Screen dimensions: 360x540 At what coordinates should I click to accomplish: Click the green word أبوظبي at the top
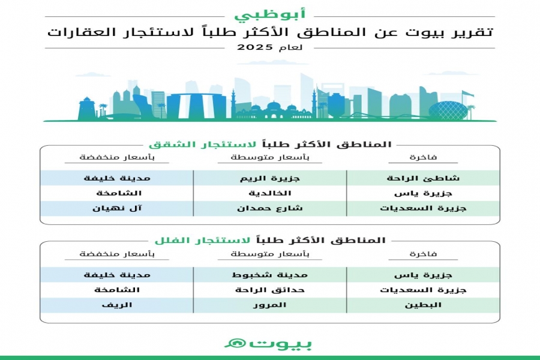tap(269, 13)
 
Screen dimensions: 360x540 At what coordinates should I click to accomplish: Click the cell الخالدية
tap(270, 193)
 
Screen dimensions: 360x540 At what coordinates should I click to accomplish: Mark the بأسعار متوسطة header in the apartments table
tap(269, 158)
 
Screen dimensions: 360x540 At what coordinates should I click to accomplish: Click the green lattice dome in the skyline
tap(446, 110)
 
